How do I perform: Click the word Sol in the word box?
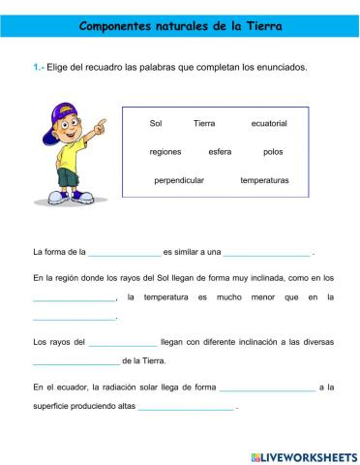tap(157, 124)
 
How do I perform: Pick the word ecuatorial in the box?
tap(269, 124)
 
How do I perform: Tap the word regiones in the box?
tap(165, 152)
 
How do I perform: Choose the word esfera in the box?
tap(220, 152)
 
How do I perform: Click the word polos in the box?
tap(273, 152)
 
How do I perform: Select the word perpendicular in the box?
tap(177, 180)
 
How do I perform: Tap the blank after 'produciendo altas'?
tap(186, 407)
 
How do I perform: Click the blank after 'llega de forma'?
tap(267, 387)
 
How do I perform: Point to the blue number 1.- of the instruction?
tap(40, 67)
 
